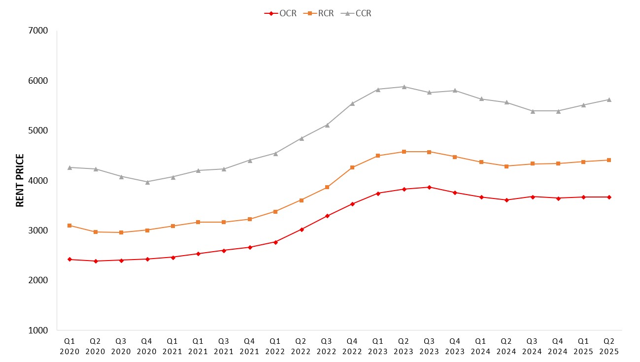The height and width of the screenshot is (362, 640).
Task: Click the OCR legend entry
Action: (x=281, y=13)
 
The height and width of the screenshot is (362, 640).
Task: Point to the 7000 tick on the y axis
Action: (x=39, y=31)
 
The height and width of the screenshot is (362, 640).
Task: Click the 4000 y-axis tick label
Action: (x=39, y=180)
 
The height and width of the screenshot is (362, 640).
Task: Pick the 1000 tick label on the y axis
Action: (x=39, y=330)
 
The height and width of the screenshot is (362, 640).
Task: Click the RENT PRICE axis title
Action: (x=20, y=180)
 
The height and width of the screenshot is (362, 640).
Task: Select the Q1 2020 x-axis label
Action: (x=69, y=346)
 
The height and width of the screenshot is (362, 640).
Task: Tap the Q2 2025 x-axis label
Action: (x=609, y=346)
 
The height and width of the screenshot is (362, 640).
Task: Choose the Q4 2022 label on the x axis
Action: (x=352, y=346)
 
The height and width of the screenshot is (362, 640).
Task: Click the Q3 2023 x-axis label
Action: (x=429, y=346)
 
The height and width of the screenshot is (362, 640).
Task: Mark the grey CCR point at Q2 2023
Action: (x=404, y=87)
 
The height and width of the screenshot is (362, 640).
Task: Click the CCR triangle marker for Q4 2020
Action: (x=147, y=182)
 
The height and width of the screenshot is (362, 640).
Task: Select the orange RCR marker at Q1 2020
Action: (x=69, y=226)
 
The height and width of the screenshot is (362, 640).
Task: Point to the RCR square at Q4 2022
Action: (x=352, y=167)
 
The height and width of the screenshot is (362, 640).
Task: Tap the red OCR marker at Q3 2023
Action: (x=429, y=187)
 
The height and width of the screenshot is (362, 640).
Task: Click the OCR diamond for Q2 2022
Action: (x=301, y=230)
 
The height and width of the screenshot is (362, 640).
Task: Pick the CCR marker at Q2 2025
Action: (x=609, y=99)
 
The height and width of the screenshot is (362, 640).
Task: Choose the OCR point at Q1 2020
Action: (x=69, y=259)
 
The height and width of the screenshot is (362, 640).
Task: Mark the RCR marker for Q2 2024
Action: (x=506, y=166)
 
